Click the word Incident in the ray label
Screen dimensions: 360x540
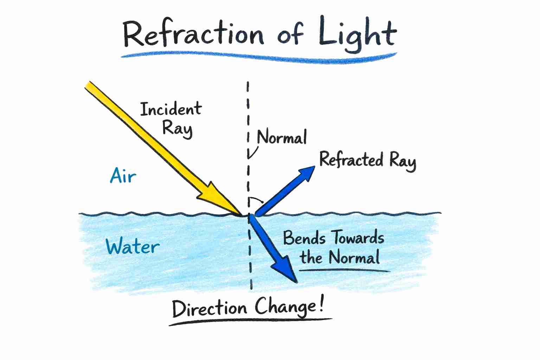pos(171,109)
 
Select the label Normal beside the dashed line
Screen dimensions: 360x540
pos(282,137)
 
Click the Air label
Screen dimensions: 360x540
pos(123,175)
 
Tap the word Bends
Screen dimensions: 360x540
pos(304,238)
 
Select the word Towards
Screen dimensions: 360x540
pos(359,238)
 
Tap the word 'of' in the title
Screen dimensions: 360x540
pos(290,35)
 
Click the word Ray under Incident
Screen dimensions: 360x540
pos(177,128)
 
